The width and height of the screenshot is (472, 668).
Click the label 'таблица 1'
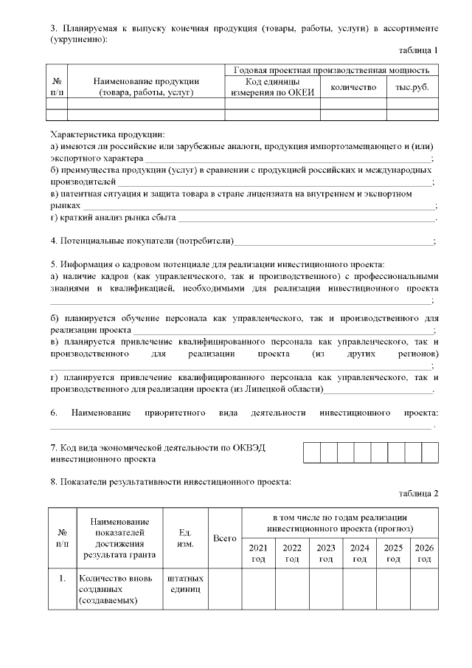tap(418, 50)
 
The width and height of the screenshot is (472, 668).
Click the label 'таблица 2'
tap(418, 493)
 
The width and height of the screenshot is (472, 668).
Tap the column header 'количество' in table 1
tap(353, 86)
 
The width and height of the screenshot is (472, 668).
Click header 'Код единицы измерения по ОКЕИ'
tap(272, 86)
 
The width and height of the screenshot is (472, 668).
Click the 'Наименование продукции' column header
tap(145, 86)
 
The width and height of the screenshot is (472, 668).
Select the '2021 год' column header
tap(258, 553)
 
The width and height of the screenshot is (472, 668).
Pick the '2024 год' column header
tap(360, 553)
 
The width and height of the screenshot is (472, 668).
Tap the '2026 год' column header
tap(424, 553)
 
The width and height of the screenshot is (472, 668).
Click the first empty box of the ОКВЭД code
tap(311, 452)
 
